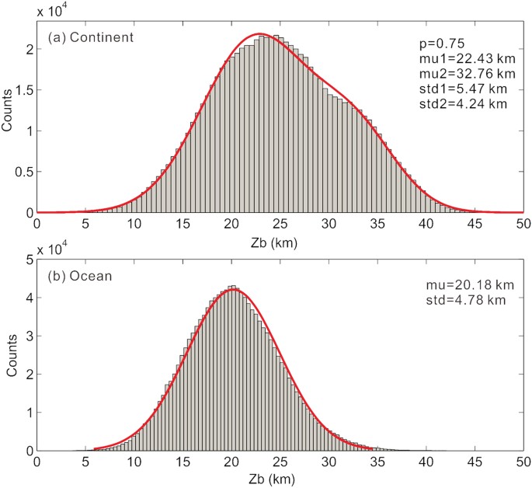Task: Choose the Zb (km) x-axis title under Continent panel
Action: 279,242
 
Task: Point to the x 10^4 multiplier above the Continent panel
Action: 55,12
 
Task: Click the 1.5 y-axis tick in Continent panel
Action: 24,90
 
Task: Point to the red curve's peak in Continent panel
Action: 261,33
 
